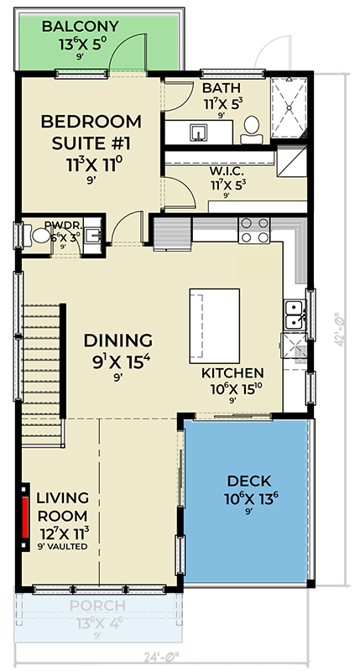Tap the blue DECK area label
248,481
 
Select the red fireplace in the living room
26,512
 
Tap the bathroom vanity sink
199,133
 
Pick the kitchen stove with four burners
254,229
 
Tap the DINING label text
117,341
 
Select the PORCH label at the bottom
97,606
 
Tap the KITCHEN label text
232,372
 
